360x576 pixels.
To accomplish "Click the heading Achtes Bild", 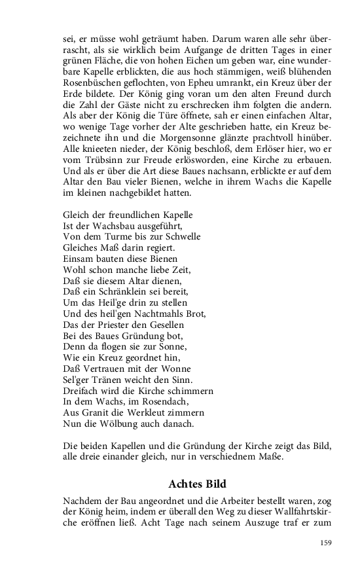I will (x=197, y=484).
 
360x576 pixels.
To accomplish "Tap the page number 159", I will (x=326, y=543).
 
